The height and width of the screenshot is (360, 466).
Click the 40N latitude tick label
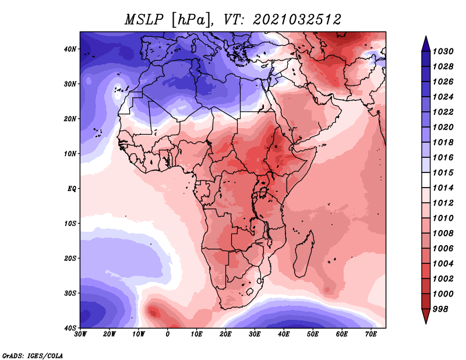pos(70,49)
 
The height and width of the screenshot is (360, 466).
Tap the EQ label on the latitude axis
pos(72,189)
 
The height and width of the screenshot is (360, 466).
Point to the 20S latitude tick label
pos(70,258)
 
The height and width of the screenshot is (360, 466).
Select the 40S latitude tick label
pos(70,328)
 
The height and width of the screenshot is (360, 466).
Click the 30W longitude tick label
pos(80,334)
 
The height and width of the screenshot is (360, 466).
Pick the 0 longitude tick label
pos(168,334)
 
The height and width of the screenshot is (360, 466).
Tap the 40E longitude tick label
pos(284,334)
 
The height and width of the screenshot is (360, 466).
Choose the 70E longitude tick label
pos(371,334)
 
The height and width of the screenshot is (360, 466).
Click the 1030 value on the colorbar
pos(443,51)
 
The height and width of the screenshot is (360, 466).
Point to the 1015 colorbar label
pos(443,172)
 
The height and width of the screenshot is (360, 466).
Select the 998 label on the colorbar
pos(440,309)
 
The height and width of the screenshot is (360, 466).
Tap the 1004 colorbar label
pos(443,264)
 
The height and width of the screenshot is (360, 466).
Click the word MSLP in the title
pos(144,20)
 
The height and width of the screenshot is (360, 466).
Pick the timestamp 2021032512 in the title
pos(297,20)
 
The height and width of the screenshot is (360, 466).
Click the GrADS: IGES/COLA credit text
pos(33,355)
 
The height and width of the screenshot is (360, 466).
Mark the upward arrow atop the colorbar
pos(426,44)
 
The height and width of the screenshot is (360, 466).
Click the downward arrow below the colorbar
pos(426,316)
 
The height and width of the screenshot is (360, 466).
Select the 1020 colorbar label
pos(443,127)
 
